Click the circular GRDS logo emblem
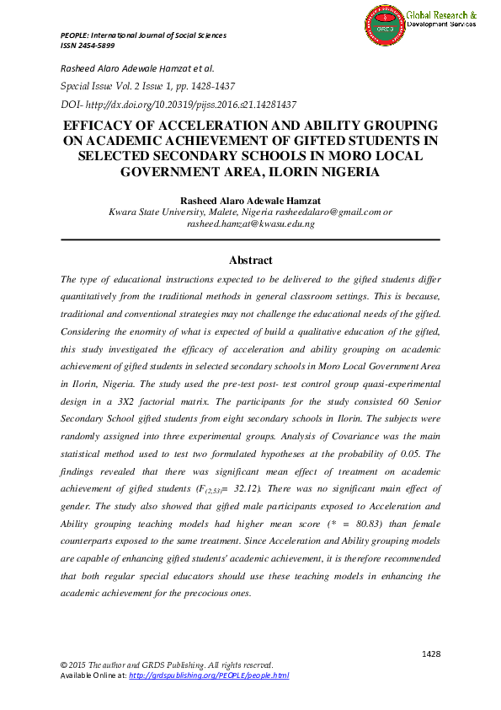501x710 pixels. pos(385,24)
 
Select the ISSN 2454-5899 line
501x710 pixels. pos(88,46)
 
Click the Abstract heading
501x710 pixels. pos(250,261)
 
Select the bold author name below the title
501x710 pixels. pos(250,200)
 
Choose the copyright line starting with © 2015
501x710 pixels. pos(166,665)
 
